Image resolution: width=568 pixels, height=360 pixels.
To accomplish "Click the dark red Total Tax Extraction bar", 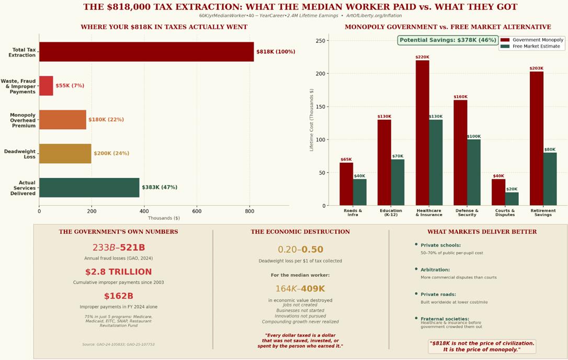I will click(x=146, y=52).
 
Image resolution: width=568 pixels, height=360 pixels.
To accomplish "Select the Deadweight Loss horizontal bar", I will click(x=65, y=153).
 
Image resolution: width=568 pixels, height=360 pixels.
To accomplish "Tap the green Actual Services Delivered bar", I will click(x=89, y=187).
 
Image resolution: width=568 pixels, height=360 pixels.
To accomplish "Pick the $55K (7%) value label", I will click(x=70, y=86).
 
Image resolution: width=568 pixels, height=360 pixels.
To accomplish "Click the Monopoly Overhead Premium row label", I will click(x=22, y=120).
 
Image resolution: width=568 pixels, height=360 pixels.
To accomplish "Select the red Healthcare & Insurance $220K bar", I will click(x=422, y=133).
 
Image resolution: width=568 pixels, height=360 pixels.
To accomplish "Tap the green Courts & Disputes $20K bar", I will click(x=512, y=199).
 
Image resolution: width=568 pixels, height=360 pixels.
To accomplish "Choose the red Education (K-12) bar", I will click(x=384, y=163).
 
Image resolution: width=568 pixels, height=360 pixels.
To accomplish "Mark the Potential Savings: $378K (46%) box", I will click(x=447, y=40).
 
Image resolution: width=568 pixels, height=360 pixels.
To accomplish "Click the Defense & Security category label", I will click(x=467, y=212).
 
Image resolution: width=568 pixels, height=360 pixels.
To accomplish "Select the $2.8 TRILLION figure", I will click(x=118, y=272).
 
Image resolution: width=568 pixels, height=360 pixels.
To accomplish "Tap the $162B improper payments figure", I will click(x=118, y=296).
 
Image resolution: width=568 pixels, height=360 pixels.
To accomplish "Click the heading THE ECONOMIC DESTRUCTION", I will click(x=300, y=232).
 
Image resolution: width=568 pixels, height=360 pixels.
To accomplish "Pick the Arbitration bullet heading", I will click(x=435, y=270).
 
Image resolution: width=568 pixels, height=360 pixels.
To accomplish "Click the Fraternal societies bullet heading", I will click(x=445, y=319).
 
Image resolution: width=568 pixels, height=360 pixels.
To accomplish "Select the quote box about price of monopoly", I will click(x=482, y=346).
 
